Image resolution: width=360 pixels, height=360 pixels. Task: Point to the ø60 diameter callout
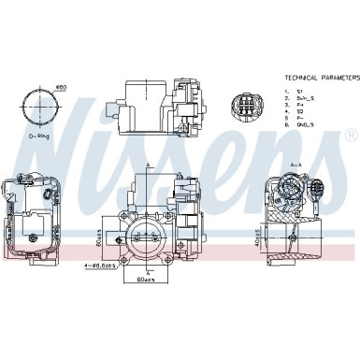click(62, 87)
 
